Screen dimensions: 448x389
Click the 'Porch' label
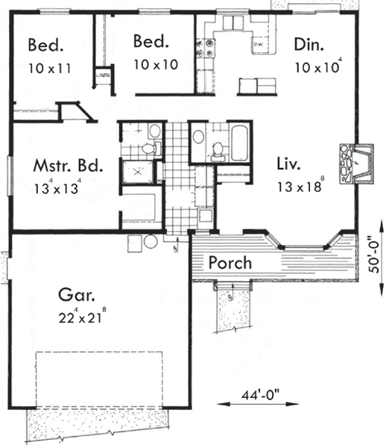[x=230, y=263]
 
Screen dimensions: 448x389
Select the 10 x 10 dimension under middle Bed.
[x=156, y=64]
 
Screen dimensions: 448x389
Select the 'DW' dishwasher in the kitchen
[x=259, y=46]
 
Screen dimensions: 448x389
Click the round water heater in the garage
[x=151, y=243]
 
